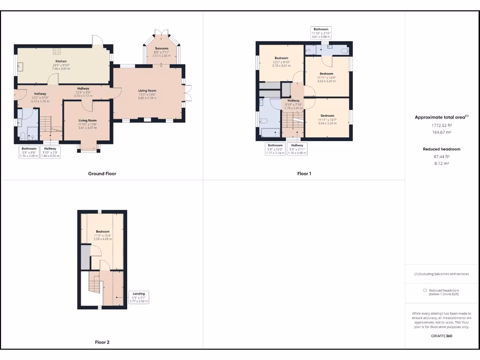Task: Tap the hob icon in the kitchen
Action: point(57,51)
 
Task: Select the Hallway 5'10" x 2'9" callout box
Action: point(50,152)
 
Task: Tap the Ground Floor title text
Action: point(102,173)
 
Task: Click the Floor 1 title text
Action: point(304,173)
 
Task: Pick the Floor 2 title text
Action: point(102,342)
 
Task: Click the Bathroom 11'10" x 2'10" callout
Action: point(321,32)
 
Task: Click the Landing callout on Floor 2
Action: point(139,297)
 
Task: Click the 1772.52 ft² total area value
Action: point(441,126)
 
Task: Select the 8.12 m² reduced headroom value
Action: point(441,164)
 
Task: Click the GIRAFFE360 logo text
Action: point(442,336)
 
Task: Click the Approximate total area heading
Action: point(442,117)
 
